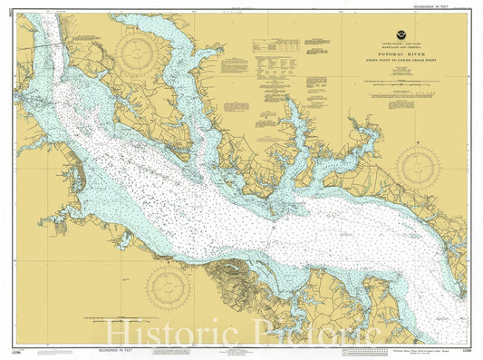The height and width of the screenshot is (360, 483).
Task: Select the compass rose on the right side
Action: (418, 167)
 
